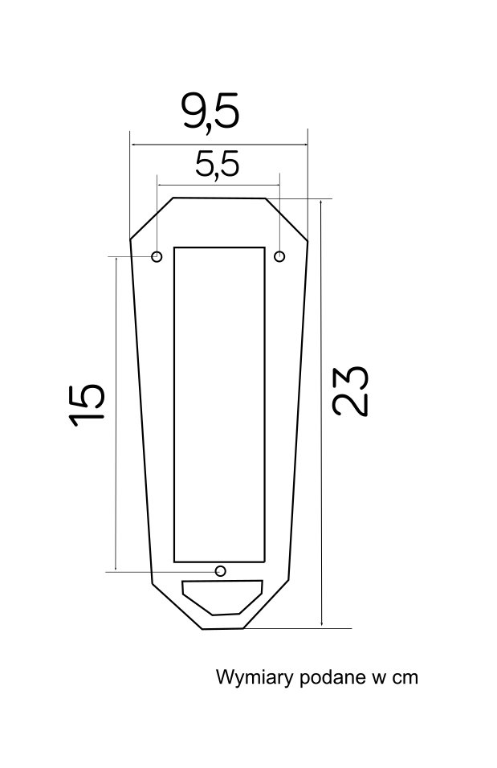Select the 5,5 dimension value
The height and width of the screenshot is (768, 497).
point(218,164)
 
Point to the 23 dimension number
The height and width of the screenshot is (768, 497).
point(350,390)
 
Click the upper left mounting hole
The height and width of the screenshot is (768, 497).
point(157,256)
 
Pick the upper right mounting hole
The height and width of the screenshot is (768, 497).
point(279,256)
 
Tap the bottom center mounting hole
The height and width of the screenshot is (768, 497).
point(221,570)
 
